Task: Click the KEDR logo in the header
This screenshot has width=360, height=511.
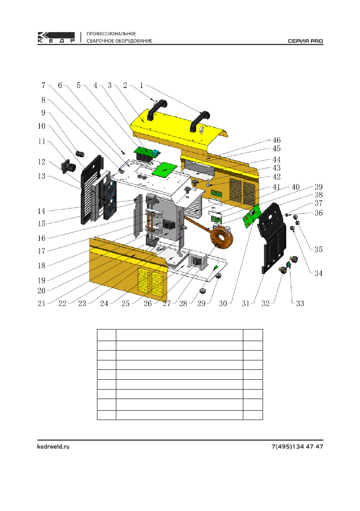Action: click(x=56, y=37)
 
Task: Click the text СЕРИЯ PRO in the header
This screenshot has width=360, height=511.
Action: click(x=305, y=41)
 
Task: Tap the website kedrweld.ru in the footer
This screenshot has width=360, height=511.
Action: click(x=53, y=447)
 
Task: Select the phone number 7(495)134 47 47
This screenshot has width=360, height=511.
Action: click(x=297, y=447)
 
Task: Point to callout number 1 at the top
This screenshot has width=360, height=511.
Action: click(x=142, y=85)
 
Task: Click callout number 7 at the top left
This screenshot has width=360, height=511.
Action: click(x=43, y=85)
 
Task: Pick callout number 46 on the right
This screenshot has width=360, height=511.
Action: click(x=276, y=140)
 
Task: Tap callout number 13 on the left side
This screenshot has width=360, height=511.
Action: click(x=41, y=176)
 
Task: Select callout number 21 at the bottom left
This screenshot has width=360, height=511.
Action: click(x=41, y=303)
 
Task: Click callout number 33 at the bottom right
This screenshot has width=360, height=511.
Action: click(x=300, y=303)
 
